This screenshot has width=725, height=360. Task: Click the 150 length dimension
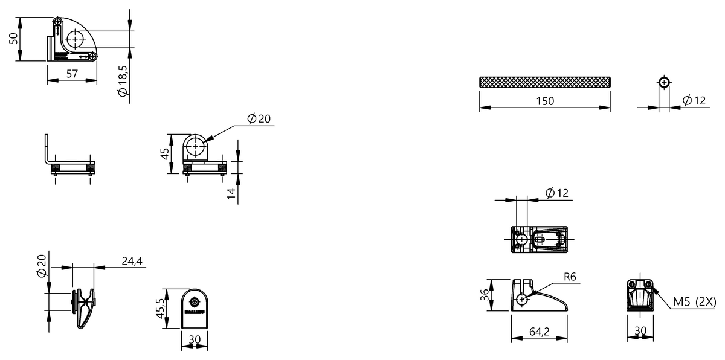coord(544,101)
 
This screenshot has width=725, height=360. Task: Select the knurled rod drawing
coord(544,82)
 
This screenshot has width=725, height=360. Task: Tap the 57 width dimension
coord(72,74)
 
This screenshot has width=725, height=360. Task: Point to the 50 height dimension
coord(13,39)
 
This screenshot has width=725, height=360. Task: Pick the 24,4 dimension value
coord(132,261)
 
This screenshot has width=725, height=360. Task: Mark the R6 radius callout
coord(571,277)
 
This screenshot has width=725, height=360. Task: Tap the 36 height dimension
coord(483,295)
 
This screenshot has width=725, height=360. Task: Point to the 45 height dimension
coord(164,153)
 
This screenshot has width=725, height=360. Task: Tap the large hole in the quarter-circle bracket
coord(74,40)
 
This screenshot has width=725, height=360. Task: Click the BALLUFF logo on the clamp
coord(195,312)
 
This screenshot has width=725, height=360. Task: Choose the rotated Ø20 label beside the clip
coord(41,265)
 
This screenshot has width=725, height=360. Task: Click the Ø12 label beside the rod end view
coord(694,101)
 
